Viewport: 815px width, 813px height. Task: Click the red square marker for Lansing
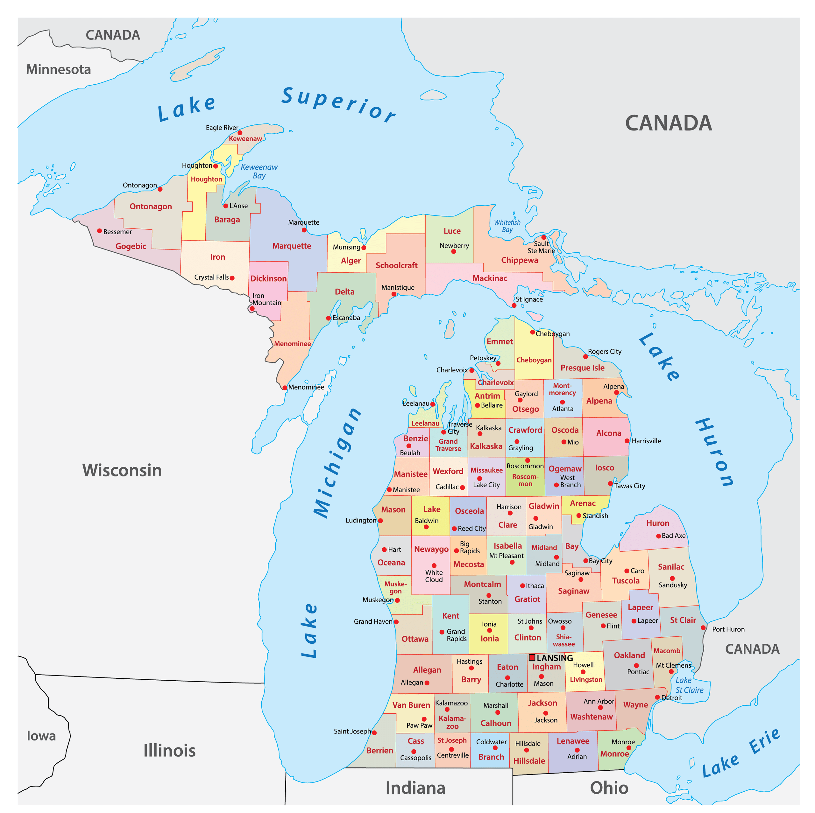tap(532, 657)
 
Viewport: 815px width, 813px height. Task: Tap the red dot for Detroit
tap(657, 697)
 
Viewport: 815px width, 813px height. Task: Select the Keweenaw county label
tap(245, 139)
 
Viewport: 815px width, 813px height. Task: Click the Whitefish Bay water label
tap(507, 226)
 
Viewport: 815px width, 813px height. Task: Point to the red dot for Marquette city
tap(304, 230)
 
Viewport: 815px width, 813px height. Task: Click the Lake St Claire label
tap(689, 685)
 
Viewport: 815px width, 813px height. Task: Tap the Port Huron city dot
tap(703, 627)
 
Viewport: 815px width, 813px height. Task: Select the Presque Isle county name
tap(582, 368)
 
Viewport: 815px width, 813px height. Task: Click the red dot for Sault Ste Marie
tap(544, 237)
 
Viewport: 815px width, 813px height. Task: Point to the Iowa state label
tap(41, 736)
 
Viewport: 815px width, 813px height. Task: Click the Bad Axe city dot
tap(658, 536)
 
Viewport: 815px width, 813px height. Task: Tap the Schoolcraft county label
tap(397, 265)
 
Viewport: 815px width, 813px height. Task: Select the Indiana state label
tap(415, 788)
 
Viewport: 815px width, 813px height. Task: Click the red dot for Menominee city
tap(285, 388)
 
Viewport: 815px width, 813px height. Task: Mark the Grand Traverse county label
tap(448, 445)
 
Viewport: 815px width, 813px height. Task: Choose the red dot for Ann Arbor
tap(600, 707)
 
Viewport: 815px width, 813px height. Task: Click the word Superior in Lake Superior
tap(339, 104)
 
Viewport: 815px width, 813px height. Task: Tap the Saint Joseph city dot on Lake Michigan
tap(374, 732)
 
